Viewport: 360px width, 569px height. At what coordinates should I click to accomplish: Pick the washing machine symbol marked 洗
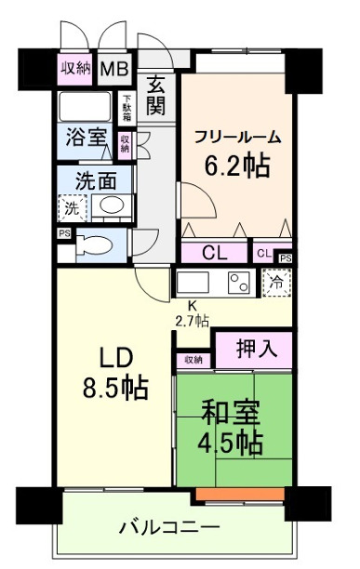(70, 206)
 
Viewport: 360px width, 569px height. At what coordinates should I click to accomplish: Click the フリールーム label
(237, 136)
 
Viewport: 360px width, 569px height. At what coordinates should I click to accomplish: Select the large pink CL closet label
(214, 253)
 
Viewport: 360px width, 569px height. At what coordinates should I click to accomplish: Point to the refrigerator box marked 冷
(275, 281)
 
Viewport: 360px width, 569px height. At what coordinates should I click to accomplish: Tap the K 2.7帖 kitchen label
(193, 312)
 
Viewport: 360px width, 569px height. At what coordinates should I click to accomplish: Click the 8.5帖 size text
(113, 384)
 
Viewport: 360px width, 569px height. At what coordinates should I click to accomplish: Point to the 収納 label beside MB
(77, 69)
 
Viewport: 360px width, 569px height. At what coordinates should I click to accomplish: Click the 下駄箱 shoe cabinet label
(127, 105)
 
